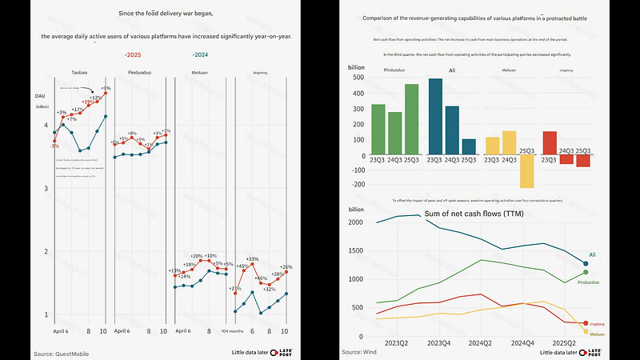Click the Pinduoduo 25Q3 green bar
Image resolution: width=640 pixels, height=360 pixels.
(x=412, y=118)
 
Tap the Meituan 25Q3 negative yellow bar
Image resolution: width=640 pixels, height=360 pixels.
(x=526, y=170)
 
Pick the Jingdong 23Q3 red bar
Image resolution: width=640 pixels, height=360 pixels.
(x=550, y=142)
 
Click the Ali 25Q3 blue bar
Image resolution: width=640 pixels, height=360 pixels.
(x=469, y=146)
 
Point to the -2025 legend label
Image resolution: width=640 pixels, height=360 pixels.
(x=133, y=54)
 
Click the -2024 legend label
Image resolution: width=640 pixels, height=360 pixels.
(x=201, y=54)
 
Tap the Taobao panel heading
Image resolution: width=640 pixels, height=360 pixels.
(x=79, y=73)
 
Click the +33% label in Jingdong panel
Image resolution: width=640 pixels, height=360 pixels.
(x=253, y=259)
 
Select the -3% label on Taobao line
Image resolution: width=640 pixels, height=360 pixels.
(x=54, y=146)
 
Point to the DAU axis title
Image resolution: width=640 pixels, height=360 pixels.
(x=40, y=97)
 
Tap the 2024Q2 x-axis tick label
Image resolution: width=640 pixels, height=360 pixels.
(x=480, y=342)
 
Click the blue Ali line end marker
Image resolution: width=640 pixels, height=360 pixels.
(x=586, y=263)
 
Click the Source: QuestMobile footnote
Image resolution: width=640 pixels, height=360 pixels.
(x=62, y=352)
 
